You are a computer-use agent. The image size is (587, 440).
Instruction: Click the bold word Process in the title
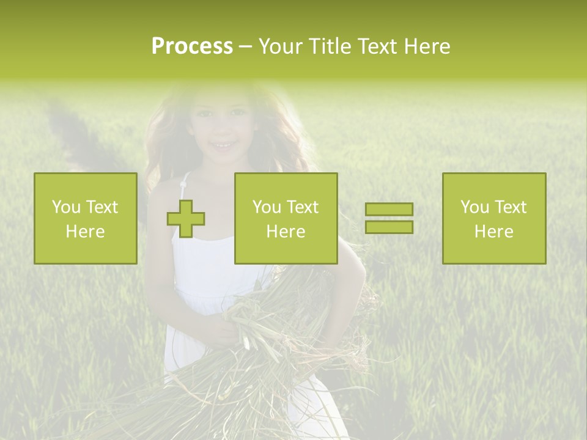(x=192, y=46)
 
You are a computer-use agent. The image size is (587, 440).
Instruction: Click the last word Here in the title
(x=429, y=46)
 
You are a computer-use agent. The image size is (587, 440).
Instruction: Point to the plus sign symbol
(x=186, y=219)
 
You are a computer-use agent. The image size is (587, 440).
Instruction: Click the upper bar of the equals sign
(x=389, y=210)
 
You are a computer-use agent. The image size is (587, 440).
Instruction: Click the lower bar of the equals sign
(x=389, y=227)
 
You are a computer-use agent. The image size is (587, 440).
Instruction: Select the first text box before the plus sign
(x=86, y=218)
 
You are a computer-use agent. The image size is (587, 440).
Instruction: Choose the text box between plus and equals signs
(x=286, y=218)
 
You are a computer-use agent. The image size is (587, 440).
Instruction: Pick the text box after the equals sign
(x=494, y=218)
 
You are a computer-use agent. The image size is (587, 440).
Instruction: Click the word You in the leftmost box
(x=66, y=207)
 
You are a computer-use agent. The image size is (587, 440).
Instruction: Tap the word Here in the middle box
(x=286, y=232)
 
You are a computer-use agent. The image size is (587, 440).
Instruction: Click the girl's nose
(x=222, y=130)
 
